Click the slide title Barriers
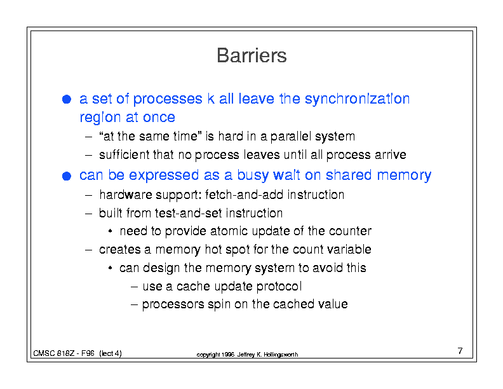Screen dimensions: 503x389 (x=251, y=55)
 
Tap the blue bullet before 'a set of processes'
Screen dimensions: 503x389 (x=67, y=99)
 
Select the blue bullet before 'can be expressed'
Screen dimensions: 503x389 (x=67, y=176)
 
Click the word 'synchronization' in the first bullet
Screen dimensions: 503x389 (x=357, y=99)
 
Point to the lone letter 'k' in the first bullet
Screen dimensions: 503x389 (x=211, y=99)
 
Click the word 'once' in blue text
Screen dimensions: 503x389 (x=159, y=117)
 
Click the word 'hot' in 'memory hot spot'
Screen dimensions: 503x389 (x=213, y=249)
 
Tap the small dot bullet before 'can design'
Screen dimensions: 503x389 (x=110, y=268)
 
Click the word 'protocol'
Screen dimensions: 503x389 (x=279, y=286)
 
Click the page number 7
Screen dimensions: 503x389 (x=460, y=351)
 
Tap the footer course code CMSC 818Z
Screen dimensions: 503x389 (x=54, y=353)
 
